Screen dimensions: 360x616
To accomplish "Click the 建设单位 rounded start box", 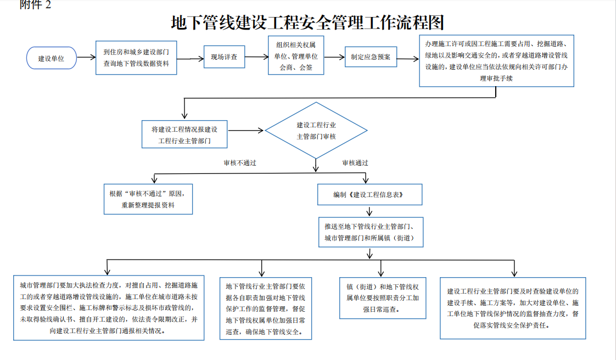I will pos(51,58).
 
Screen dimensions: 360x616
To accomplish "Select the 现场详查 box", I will pos(223,57).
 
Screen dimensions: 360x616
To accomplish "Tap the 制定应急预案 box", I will pos(371,57).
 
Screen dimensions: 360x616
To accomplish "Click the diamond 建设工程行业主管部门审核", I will pos(316,131).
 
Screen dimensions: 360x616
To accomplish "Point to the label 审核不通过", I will pos(239,163).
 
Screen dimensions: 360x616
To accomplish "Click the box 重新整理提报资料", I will pos(148,199).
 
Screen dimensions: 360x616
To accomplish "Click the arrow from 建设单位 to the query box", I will pos(85,57).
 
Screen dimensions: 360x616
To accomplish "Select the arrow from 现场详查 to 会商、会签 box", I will pos(256,57).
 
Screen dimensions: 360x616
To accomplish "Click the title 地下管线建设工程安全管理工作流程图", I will pos(307,24).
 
